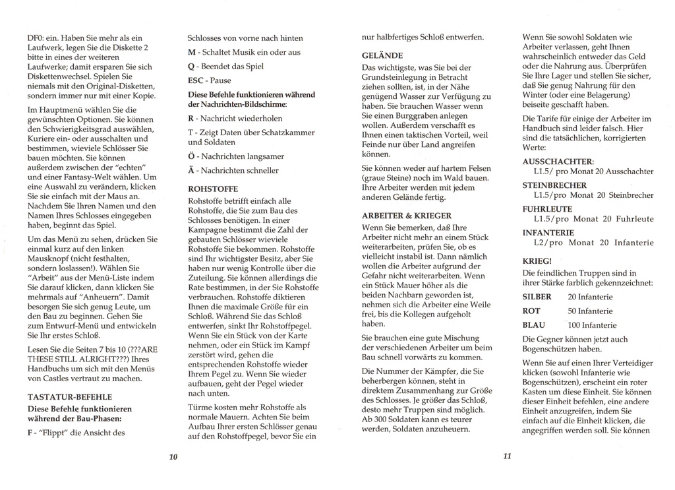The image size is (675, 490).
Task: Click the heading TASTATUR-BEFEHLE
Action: pos(70,397)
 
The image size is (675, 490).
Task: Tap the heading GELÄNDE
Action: pos(382,55)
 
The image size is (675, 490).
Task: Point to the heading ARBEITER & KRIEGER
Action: pos(407,216)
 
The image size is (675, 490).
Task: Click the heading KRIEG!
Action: pos(537,261)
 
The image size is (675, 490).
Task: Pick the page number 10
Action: pos(173,456)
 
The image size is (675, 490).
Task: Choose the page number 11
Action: pos(507,456)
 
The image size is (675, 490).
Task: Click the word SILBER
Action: pos(537,297)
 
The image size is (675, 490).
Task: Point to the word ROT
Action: pos(531,311)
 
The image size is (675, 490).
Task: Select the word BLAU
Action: pos(534,325)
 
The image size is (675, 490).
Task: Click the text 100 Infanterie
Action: pos(592,325)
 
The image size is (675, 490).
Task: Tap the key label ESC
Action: pos(196,80)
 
